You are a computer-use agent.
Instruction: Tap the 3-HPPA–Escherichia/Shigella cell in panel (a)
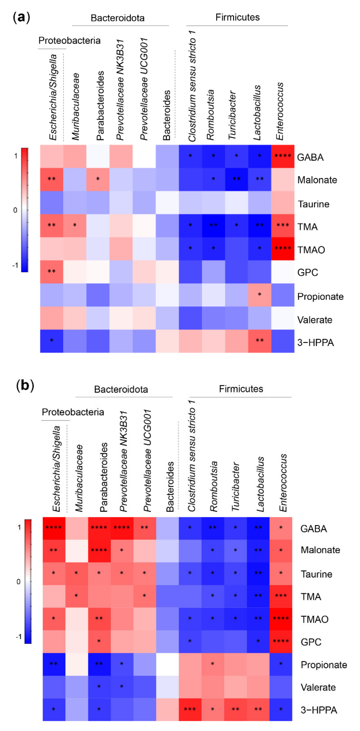(x=51, y=341)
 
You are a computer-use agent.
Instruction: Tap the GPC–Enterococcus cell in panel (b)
(x=280, y=642)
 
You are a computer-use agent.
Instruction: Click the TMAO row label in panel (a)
(x=311, y=250)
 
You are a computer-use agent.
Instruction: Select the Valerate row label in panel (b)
(x=318, y=687)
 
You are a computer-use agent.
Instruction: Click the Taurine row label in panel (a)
(x=313, y=204)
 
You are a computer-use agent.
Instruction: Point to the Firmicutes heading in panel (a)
(x=237, y=17)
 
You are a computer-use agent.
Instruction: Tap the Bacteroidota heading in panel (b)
(x=121, y=389)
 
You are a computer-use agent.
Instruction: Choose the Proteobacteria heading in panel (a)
(x=69, y=41)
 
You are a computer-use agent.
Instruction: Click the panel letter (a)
(x=21, y=17)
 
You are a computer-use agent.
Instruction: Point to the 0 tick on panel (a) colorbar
(x=15, y=210)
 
